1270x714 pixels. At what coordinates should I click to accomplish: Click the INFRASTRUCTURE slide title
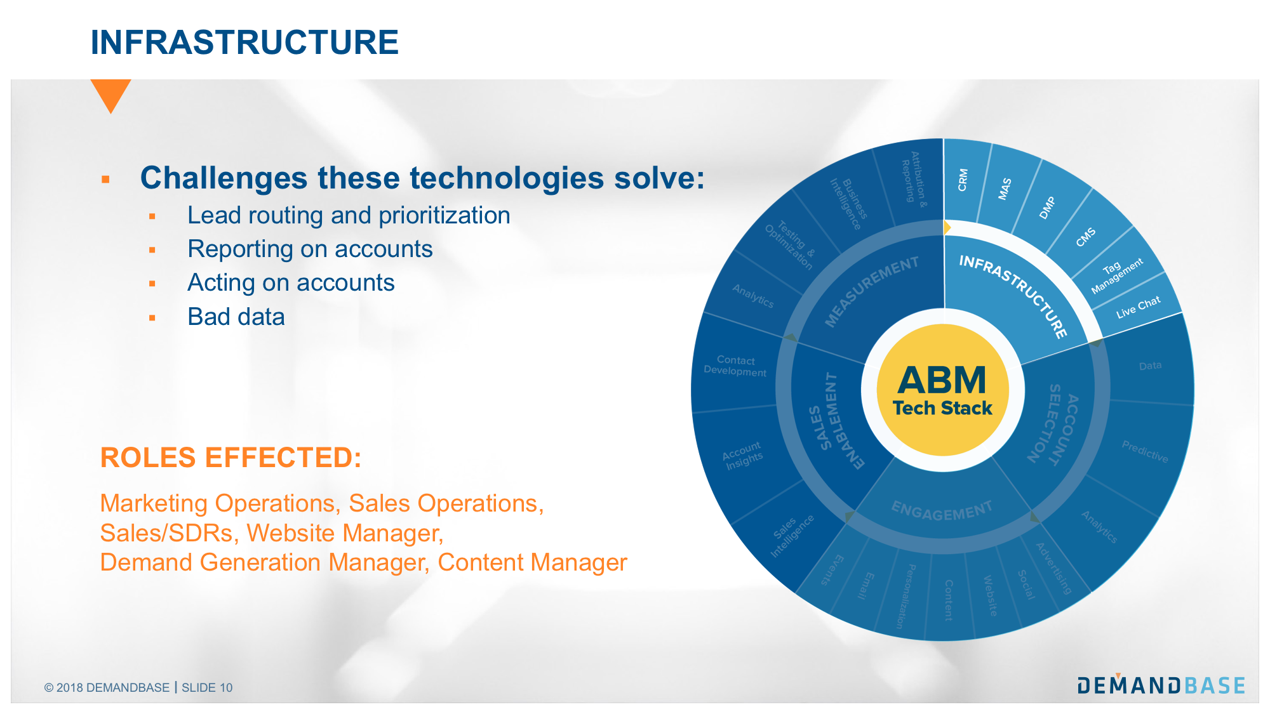[244, 43]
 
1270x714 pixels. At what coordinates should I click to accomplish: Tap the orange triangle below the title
[110, 93]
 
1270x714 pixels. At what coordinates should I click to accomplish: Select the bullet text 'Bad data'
[236, 317]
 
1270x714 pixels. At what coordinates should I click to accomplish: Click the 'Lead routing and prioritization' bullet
[348, 216]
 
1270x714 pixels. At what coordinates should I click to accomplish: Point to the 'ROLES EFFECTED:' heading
[231, 458]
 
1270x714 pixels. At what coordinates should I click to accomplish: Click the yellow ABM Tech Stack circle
[942, 390]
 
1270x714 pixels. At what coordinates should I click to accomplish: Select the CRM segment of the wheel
[963, 180]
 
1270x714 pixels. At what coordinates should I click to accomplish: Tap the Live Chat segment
[1138, 307]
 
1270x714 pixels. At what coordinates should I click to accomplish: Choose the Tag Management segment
[1116, 275]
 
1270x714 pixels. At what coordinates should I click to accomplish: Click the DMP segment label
[1047, 208]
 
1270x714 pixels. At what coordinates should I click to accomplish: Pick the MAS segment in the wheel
[1005, 189]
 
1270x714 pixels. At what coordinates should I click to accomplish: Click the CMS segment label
[1085, 237]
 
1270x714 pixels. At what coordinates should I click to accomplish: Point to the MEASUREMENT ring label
[871, 291]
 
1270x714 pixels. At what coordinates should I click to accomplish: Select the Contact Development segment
[735, 366]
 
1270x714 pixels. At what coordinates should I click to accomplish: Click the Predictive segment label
[1144, 451]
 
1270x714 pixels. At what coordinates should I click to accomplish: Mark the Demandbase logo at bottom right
[1161, 685]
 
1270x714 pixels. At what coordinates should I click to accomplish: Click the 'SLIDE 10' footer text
[207, 687]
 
